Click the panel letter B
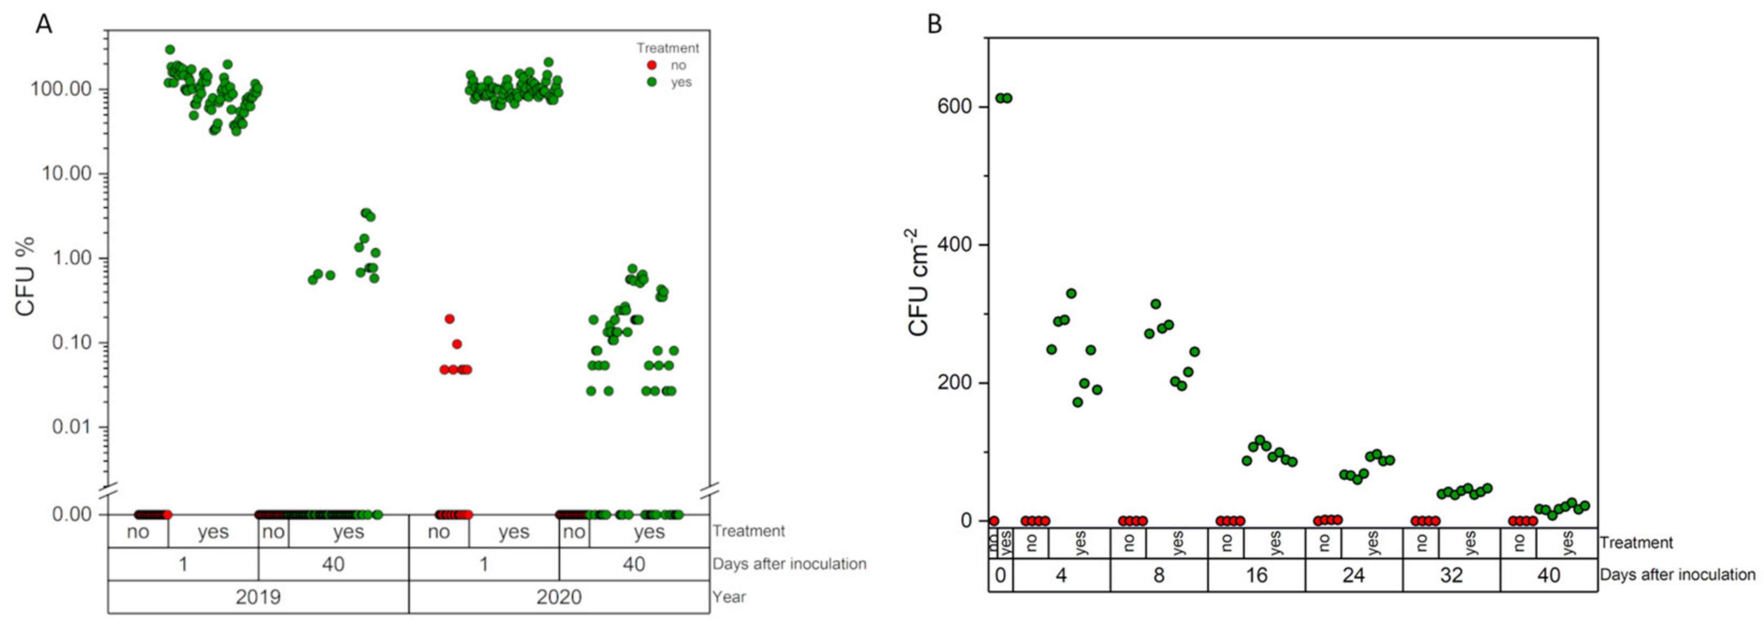[x=935, y=25]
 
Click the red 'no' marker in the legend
[x=652, y=65]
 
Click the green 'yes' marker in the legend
[x=652, y=82]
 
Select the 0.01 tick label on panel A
[x=71, y=427]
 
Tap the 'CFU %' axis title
[x=25, y=276]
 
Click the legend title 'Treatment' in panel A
[x=667, y=48]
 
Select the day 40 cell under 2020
[x=634, y=564]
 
